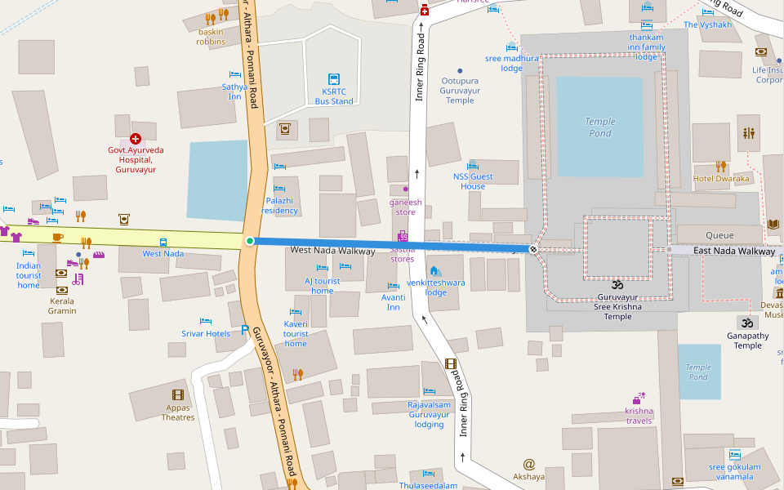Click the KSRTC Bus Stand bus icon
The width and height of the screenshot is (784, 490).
click(x=333, y=79)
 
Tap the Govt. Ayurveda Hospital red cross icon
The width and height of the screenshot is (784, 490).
click(x=136, y=140)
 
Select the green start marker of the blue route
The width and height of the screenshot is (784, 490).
click(x=250, y=241)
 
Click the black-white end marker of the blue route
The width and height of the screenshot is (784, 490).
click(x=533, y=248)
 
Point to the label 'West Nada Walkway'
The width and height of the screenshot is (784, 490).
click(x=332, y=251)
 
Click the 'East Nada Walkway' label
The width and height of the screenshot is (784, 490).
click(x=733, y=251)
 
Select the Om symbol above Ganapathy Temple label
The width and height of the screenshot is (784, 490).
click(x=745, y=322)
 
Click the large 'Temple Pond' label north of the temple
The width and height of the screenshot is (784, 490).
click(x=599, y=127)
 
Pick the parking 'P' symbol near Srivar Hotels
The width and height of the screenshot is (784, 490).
click(x=244, y=331)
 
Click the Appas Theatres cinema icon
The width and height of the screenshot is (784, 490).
click(x=178, y=394)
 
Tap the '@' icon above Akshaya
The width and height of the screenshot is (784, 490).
click(x=528, y=464)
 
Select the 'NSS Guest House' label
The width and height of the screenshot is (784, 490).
click(x=473, y=181)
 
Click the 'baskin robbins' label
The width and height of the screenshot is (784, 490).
click(x=211, y=37)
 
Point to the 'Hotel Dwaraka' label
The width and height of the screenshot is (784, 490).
click(x=720, y=178)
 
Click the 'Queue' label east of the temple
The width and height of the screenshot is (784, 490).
click(x=719, y=235)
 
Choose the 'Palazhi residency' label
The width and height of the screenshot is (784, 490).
click(x=279, y=205)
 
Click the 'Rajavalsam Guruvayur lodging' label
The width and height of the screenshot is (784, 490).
click(x=429, y=414)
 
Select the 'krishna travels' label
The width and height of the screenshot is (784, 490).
click(x=639, y=416)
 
